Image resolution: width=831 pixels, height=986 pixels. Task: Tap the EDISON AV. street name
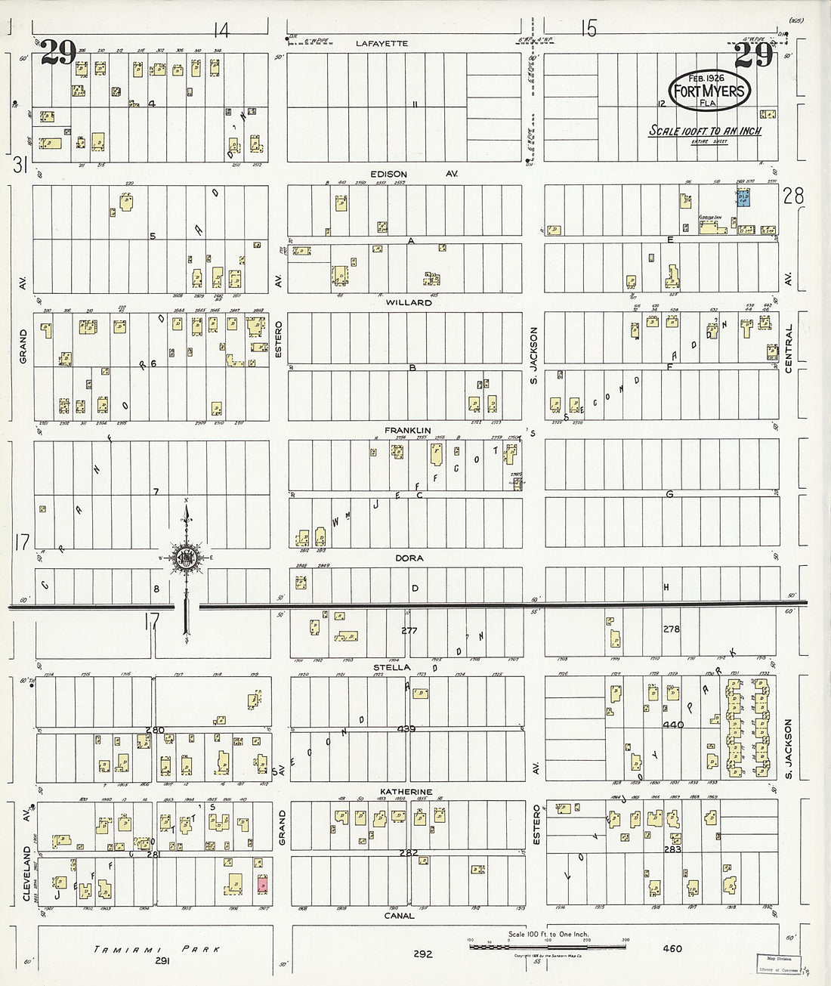pos(408,174)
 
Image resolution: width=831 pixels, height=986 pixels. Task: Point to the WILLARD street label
pos(409,302)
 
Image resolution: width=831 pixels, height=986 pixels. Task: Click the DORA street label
pos(409,558)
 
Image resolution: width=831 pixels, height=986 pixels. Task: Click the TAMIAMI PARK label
pos(157,949)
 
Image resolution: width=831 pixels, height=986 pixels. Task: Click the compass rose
pos(185,559)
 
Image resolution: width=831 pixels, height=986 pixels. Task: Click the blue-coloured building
pos(743,198)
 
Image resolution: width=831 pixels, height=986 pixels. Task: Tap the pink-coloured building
pos(261,882)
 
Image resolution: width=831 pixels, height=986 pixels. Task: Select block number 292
pos(422,954)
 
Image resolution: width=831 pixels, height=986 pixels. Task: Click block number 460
pos(672,950)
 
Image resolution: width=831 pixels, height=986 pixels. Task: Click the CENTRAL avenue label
pos(789,349)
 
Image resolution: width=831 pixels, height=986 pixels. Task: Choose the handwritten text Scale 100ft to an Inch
pos(706,131)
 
